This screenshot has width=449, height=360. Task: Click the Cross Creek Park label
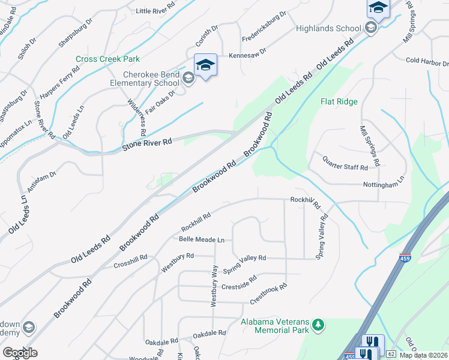point(107,59)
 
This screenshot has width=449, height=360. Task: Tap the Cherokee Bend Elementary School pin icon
point(205,65)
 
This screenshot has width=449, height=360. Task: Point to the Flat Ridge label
point(339,101)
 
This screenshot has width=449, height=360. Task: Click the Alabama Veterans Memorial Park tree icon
point(318,326)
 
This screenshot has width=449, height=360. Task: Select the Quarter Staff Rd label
point(345,163)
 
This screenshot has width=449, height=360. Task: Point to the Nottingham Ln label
point(384,185)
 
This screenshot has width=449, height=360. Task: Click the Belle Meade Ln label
point(202,239)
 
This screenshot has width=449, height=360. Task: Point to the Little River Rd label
point(155,11)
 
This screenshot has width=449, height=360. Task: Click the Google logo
point(20,352)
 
